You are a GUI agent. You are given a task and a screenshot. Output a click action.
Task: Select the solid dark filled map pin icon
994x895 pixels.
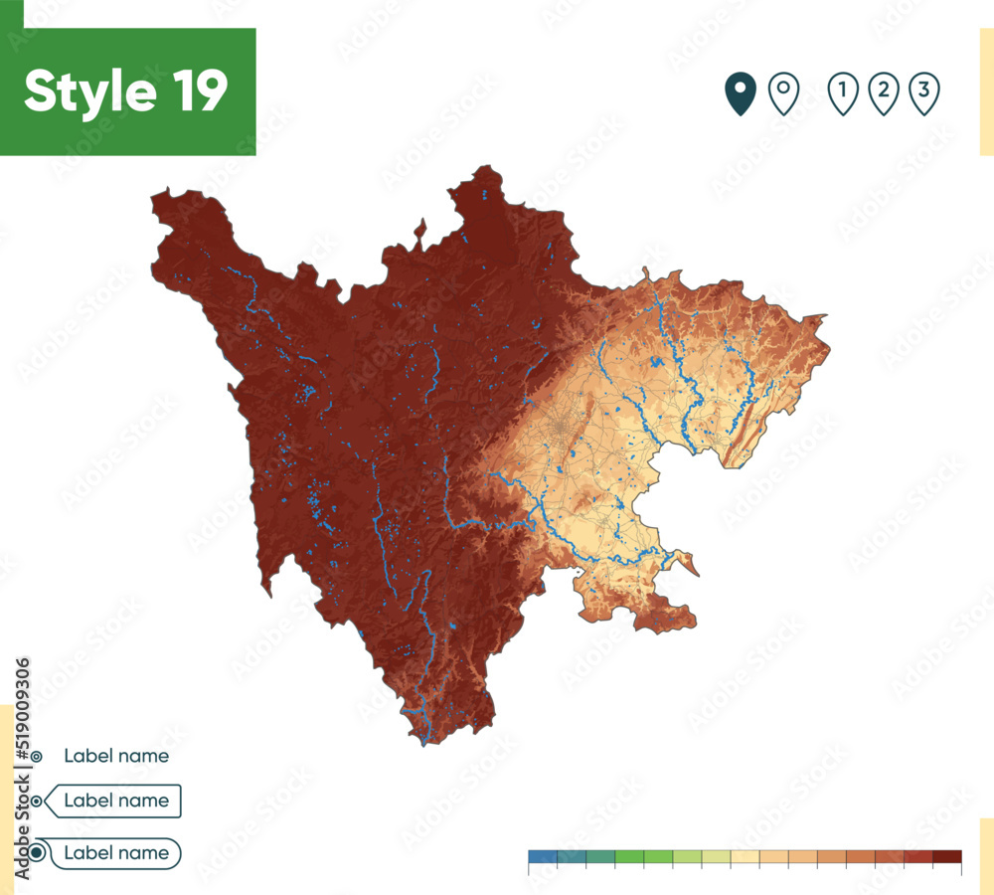point(740,93)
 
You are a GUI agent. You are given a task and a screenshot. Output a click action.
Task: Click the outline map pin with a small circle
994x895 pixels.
point(784,93)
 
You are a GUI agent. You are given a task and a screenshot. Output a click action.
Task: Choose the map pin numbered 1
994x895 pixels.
point(843,93)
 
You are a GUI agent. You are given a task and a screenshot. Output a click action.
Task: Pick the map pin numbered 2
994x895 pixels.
point(883,93)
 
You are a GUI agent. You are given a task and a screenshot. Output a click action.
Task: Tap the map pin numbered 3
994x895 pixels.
point(924,93)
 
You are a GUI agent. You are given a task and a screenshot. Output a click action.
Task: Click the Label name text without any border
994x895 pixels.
point(116,756)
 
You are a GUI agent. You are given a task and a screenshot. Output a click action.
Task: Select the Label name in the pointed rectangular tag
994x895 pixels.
point(116,800)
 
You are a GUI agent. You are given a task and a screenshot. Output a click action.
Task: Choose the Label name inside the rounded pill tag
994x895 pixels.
point(116,852)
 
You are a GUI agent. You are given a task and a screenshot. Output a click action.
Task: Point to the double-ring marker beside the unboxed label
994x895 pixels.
point(37,757)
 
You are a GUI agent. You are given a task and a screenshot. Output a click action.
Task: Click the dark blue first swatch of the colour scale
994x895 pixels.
point(542,856)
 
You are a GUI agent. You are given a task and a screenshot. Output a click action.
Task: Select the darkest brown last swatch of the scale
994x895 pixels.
point(947,856)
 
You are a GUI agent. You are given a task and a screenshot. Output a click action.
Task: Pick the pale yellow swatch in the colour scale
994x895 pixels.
point(745,856)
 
